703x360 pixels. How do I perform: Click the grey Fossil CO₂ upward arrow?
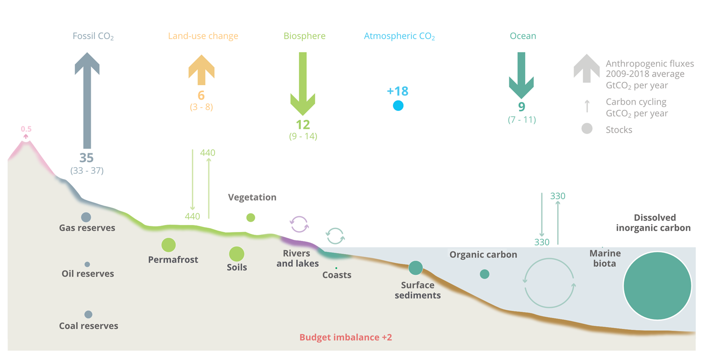point(87,101)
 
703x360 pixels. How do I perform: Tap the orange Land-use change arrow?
point(202,70)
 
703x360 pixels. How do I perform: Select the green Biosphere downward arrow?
point(303,83)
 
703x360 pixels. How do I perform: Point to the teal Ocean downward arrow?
point(521,75)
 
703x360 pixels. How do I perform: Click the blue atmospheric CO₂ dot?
point(398,105)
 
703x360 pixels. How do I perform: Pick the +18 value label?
point(398,91)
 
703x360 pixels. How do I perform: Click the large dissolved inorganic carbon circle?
point(657,285)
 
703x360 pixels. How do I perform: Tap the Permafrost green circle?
point(169,245)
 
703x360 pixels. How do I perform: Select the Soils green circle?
point(237,254)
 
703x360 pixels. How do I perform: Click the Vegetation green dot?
point(251,217)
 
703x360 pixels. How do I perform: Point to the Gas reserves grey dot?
point(86,217)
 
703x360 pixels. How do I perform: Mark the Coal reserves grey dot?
point(88,314)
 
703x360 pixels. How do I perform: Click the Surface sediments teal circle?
point(416,268)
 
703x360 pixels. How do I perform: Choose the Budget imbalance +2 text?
point(345,337)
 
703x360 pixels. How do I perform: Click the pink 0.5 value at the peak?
point(26,129)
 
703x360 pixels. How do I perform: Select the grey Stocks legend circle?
point(587,129)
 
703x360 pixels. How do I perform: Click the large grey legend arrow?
point(587,69)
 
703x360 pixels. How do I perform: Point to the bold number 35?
point(86,157)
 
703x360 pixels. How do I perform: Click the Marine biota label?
point(605,258)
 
